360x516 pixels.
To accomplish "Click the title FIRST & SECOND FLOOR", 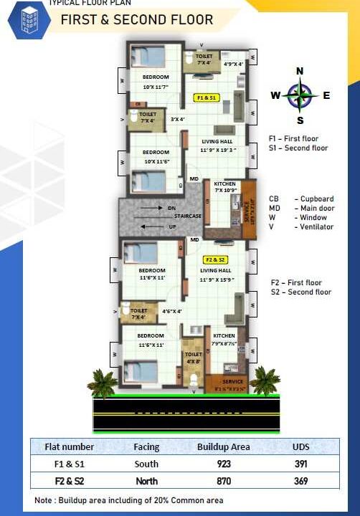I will point(136,20).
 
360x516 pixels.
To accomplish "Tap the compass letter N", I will point(300,70).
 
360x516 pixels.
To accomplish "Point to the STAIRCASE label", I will point(186,216).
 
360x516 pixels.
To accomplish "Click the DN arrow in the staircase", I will point(156,209).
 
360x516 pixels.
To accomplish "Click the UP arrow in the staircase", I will point(156,226).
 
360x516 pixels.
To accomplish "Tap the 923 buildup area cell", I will point(223,464).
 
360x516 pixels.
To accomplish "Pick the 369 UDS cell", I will point(300,481).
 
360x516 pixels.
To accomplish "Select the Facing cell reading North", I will point(146,481).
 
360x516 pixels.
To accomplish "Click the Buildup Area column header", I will point(224,446).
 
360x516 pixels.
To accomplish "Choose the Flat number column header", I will point(70,446).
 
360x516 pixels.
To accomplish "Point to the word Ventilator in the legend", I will point(318,226).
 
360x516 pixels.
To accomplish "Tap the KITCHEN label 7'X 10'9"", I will point(225,187).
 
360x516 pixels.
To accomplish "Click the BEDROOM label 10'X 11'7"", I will point(156,81).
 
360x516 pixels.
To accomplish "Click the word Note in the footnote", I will point(44,500).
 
